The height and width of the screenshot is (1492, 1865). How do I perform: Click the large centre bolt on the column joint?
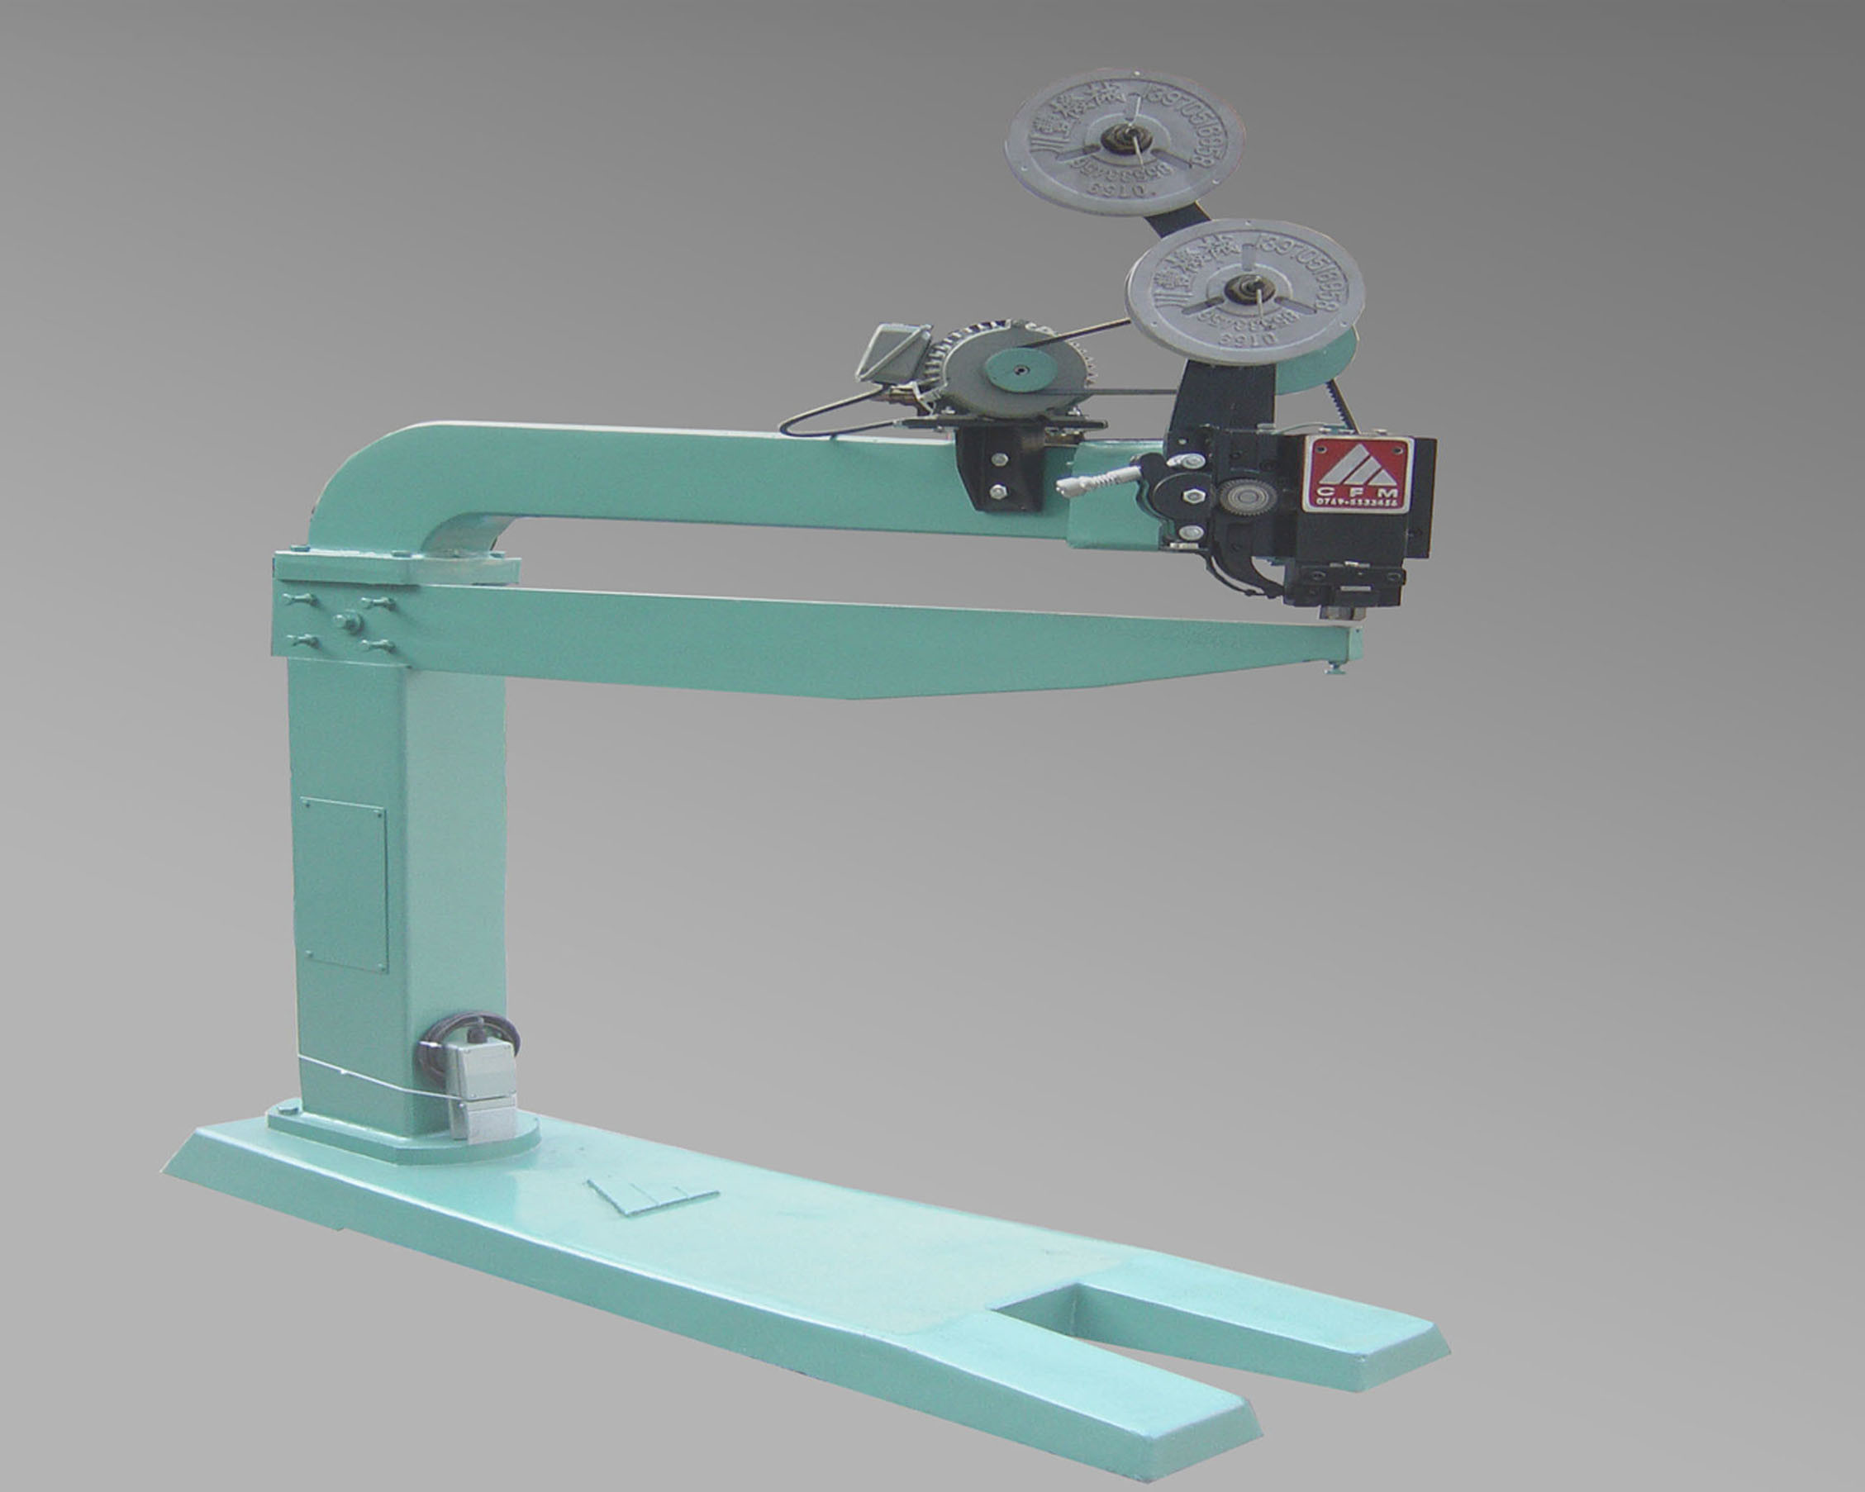[x=349, y=620]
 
